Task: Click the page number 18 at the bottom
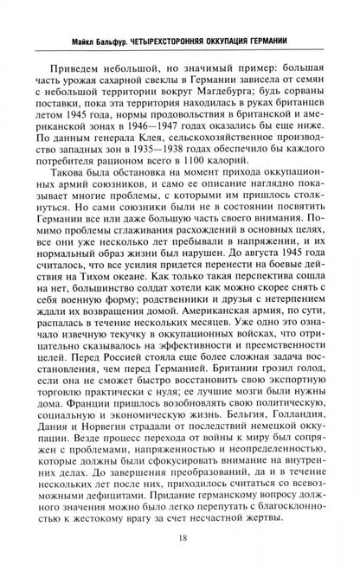(x=179, y=536)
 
